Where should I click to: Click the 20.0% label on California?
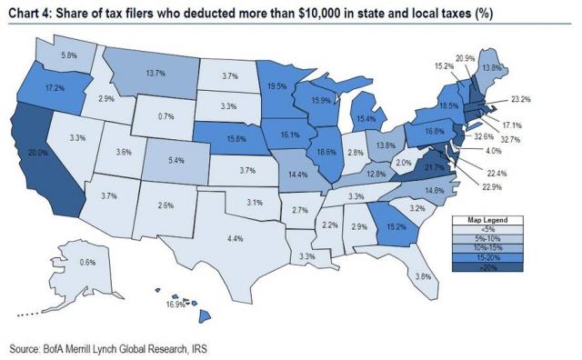[x=37, y=154]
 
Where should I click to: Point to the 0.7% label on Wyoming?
[x=166, y=117]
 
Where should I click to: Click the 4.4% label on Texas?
[x=234, y=238]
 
